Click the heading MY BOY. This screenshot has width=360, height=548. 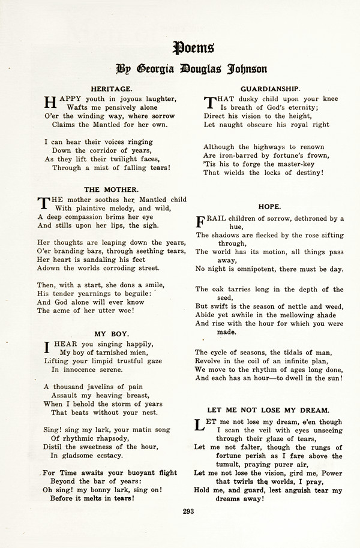[x=113, y=333]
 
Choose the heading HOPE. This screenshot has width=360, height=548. [x=269, y=206]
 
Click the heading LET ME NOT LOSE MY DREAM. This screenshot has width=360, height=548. [x=268, y=410]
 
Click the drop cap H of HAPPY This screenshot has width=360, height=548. [x=50, y=103]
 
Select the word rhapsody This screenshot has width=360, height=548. [x=113, y=438]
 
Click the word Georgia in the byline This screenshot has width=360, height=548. [x=163, y=68]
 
